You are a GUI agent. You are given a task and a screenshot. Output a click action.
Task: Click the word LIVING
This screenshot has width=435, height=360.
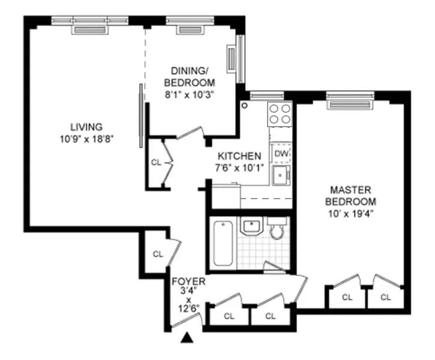pos(86,127)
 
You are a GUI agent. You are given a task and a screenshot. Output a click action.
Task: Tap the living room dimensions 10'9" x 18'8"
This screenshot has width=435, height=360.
pos(86,138)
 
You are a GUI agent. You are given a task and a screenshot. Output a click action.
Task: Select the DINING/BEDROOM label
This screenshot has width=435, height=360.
pos(191,77)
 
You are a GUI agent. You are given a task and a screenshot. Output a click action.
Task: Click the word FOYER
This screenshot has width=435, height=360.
pos(188,281)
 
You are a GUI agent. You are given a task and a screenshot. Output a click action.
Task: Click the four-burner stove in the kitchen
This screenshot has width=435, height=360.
pos(280,113)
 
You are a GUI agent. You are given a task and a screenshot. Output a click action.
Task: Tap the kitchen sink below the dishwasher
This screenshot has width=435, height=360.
pos(280,176)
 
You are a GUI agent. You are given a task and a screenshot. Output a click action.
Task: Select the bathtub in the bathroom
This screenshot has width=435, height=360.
pos(223,244)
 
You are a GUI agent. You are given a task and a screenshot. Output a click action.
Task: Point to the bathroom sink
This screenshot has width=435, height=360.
pos(251,226)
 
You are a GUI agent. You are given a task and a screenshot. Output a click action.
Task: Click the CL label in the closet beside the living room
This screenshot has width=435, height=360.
pos(156,162)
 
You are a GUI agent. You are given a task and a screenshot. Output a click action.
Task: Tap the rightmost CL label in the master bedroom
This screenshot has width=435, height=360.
pos(385,296)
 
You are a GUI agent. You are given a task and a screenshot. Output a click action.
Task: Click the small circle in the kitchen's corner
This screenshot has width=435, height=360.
pos(245,105)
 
